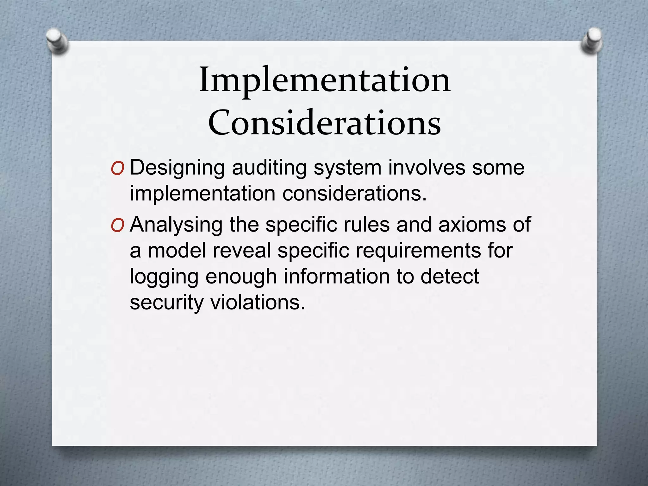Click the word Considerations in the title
325,123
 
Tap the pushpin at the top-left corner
57,41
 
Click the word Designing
178,168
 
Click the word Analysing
176,225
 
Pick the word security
166,303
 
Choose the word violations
258,302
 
